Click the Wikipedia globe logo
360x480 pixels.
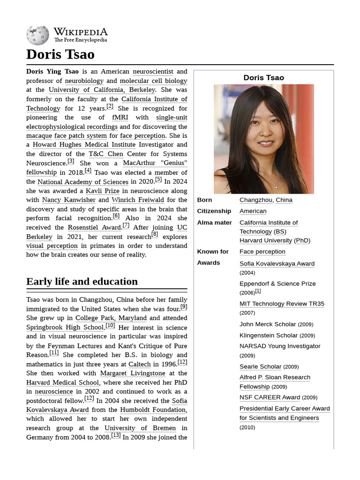pos(37,35)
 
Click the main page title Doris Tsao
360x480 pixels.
pos(60,54)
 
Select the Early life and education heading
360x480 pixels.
pos(82,281)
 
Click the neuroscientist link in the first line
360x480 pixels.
pos(153,71)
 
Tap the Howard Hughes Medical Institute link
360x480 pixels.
pos(84,144)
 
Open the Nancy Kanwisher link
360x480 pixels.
pos(68,200)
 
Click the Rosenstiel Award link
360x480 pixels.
pos(94,227)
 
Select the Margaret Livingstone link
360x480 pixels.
pos(133,373)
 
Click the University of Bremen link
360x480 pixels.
pos(140,428)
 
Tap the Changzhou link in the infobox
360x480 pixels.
pos(256,200)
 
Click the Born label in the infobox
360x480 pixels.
pos(204,200)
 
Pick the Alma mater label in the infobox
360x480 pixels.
pos(214,223)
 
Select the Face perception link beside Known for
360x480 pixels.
pos(262,252)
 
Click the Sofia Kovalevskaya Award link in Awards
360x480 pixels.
pos(277,263)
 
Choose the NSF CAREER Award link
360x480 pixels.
pos(270,397)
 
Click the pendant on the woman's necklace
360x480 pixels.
pos(276,186)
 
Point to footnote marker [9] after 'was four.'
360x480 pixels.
pos(184,307)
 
